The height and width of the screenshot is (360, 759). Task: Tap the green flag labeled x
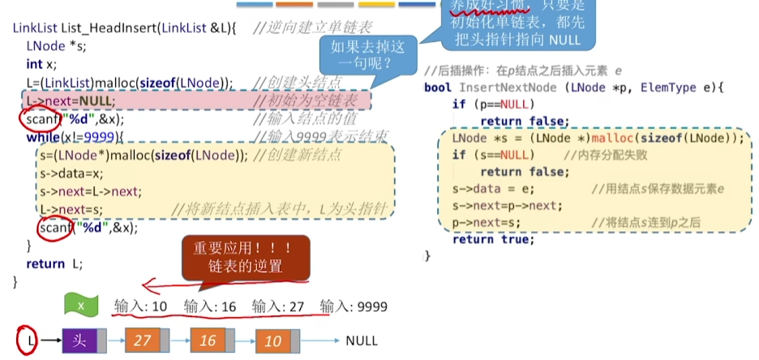coord(81,306)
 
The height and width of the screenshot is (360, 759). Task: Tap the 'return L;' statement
coord(54,264)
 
